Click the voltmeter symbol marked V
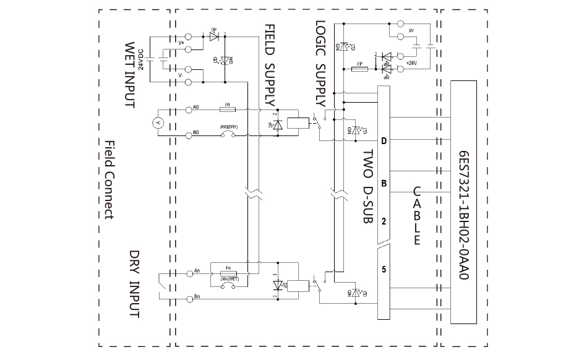(x=157, y=123)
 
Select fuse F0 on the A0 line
(x=228, y=109)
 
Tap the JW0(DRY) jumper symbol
(x=228, y=135)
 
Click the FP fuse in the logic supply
(x=359, y=69)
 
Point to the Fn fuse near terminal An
(x=228, y=272)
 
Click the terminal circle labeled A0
(x=189, y=109)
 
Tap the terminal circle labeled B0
(x=189, y=135)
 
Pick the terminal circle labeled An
(x=189, y=272)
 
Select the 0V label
(x=411, y=30)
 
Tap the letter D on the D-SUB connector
(x=384, y=142)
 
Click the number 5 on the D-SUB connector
(x=384, y=269)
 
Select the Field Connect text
(x=109, y=179)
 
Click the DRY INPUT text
(x=134, y=284)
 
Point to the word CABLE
(x=416, y=216)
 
